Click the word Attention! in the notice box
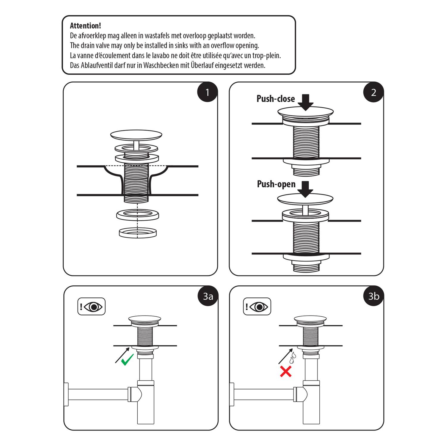click(85, 26)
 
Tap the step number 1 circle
click(208, 92)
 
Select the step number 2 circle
click(373, 92)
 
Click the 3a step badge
click(208, 296)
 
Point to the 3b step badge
click(374, 296)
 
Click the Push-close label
click(276, 99)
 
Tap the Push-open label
click(276, 184)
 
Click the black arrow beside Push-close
click(306, 102)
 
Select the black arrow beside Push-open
click(305, 189)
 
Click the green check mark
click(127, 360)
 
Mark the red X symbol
click(286, 371)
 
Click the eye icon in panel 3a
click(94, 307)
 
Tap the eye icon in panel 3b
click(260, 307)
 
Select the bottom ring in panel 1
click(138, 233)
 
